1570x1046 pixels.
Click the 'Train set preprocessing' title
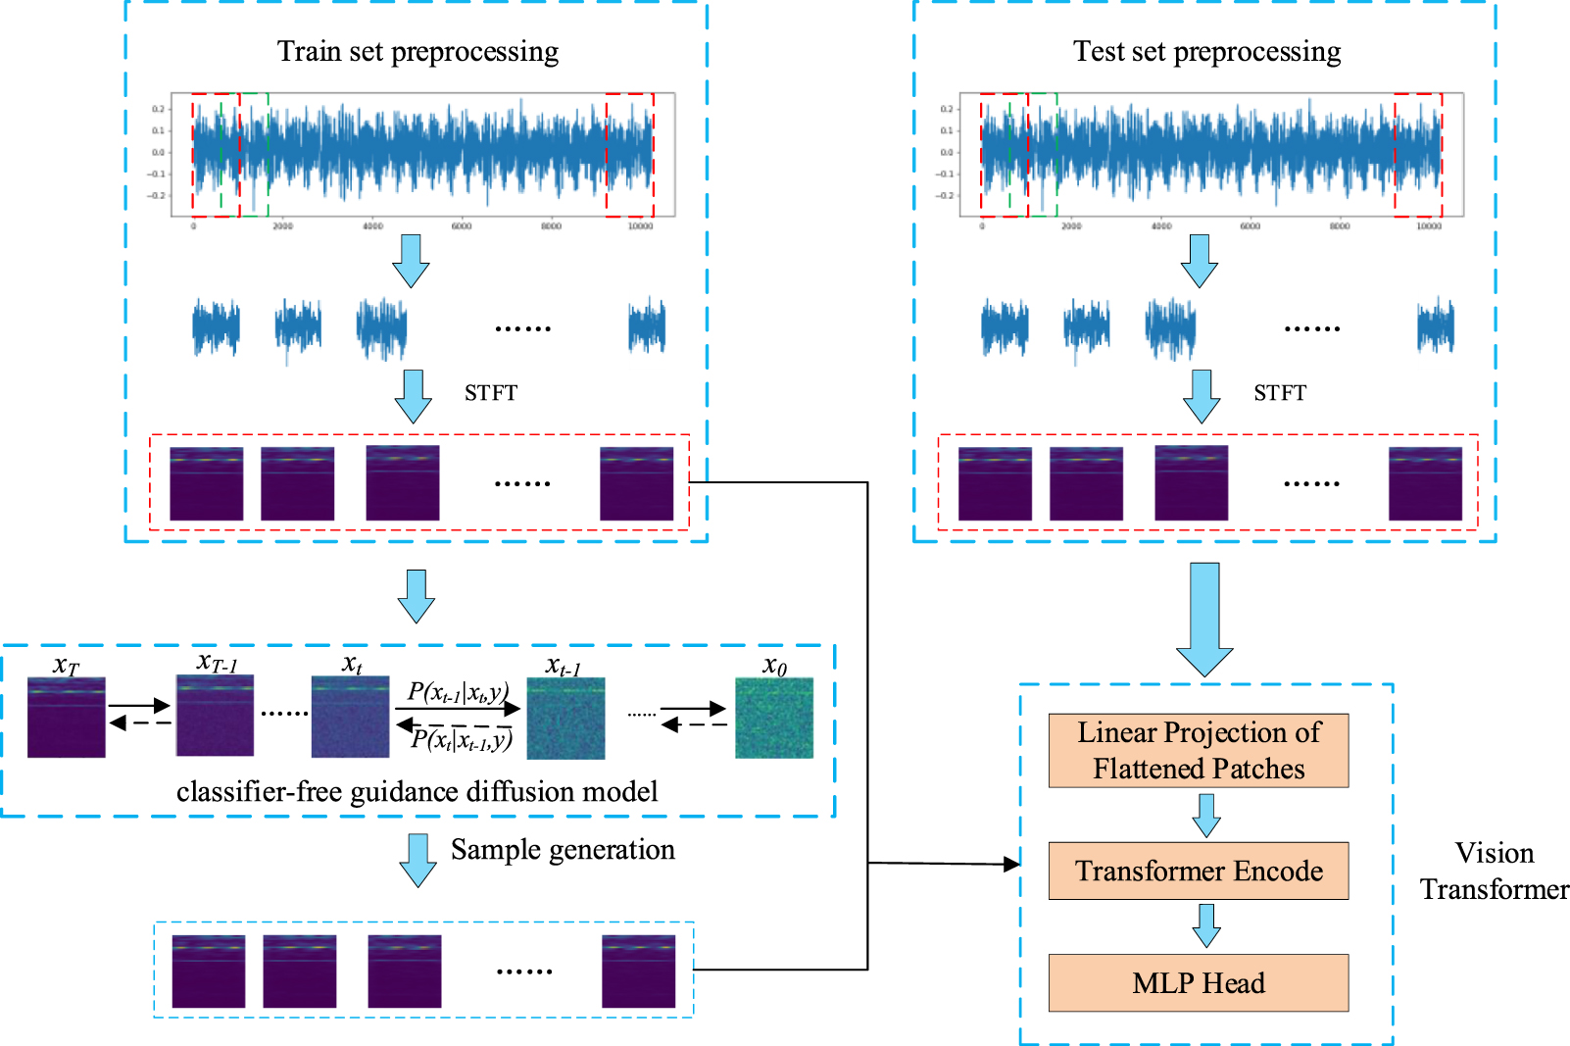[417, 51]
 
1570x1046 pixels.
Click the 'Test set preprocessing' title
[1206, 51]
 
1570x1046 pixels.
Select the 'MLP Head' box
[1198, 982]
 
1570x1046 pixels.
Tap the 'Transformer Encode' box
[1198, 871]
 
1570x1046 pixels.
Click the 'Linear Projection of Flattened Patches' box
[1198, 750]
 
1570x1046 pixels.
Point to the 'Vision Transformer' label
[1494, 871]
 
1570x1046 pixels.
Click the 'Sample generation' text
[563, 849]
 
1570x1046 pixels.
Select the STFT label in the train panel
[490, 393]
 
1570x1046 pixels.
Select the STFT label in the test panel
[1279, 393]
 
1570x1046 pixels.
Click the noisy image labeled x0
[774, 719]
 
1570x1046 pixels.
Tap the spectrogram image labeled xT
[66, 717]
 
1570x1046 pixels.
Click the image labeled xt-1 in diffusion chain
[565, 719]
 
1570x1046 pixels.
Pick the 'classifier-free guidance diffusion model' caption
[417, 791]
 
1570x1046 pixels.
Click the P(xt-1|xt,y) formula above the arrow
[457, 693]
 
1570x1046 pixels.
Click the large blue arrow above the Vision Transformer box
[1203, 618]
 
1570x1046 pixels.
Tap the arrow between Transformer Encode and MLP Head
[1205, 924]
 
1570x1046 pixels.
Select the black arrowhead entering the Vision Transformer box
[1012, 864]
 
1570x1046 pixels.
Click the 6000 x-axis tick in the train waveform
[461, 226]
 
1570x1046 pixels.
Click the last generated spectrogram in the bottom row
[638, 971]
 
